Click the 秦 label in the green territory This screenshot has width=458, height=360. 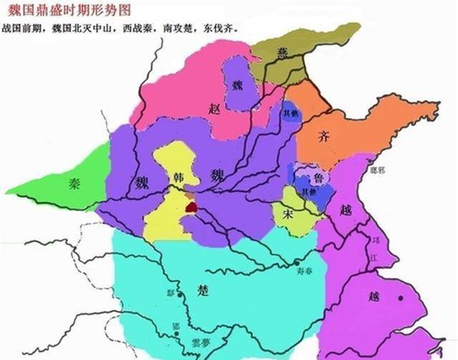coord(74,183)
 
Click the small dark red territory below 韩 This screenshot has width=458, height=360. coord(191,206)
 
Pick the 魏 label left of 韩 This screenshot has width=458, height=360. coord(138,180)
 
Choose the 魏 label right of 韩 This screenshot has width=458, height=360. coord(216,176)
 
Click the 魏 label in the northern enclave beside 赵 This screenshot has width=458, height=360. coord(238,84)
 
